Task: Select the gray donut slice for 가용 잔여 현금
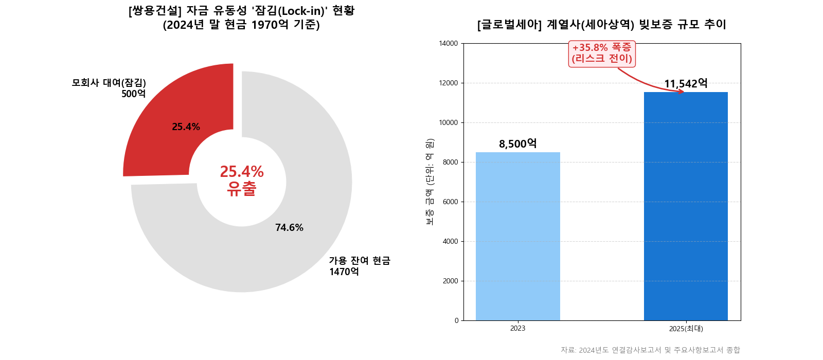pyautogui.click(x=288, y=247)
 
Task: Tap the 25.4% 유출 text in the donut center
pyautogui.click(x=242, y=180)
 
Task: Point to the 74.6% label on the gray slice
pyautogui.click(x=289, y=227)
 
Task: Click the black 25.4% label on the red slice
pyautogui.click(x=186, y=127)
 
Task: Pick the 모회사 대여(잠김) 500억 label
pyautogui.click(x=109, y=88)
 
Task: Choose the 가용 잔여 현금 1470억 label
pyautogui.click(x=359, y=266)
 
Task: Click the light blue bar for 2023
pyautogui.click(x=517, y=237)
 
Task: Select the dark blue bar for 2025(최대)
pyautogui.click(x=686, y=206)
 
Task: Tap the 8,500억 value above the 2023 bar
pyautogui.click(x=517, y=143)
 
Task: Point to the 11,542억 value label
pyautogui.click(x=686, y=83)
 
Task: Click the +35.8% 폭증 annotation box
pyautogui.click(x=602, y=53)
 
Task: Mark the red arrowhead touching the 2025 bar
pyautogui.click(x=681, y=92)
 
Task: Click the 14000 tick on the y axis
pyautogui.click(x=448, y=44)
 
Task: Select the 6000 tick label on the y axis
pyautogui.click(x=450, y=202)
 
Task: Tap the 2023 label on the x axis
pyautogui.click(x=517, y=329)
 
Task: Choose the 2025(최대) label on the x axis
pyautogui.click(x=686, y=329)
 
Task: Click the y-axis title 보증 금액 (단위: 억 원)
pyautogui.click(x=430, y=182)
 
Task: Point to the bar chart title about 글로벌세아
pyautogui.click(x=602, y=24)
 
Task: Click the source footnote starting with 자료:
pyautogui.click(x=650, y=350)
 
